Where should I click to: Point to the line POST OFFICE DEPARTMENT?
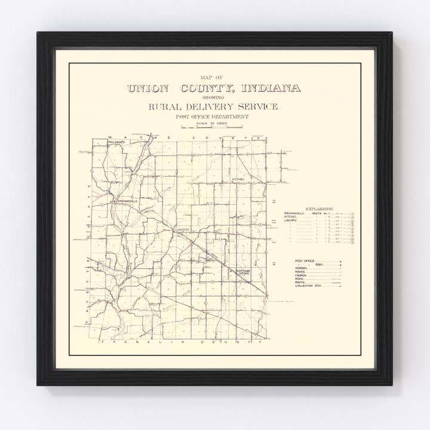212,116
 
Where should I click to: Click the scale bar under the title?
212,127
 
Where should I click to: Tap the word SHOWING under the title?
213,97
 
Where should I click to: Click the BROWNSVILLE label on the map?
127,201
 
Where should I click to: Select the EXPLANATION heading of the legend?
318,208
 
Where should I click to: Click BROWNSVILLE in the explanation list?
295,213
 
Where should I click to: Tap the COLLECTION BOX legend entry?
309,286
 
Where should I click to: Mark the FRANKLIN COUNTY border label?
179,345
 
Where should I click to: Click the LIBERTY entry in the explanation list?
291,220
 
